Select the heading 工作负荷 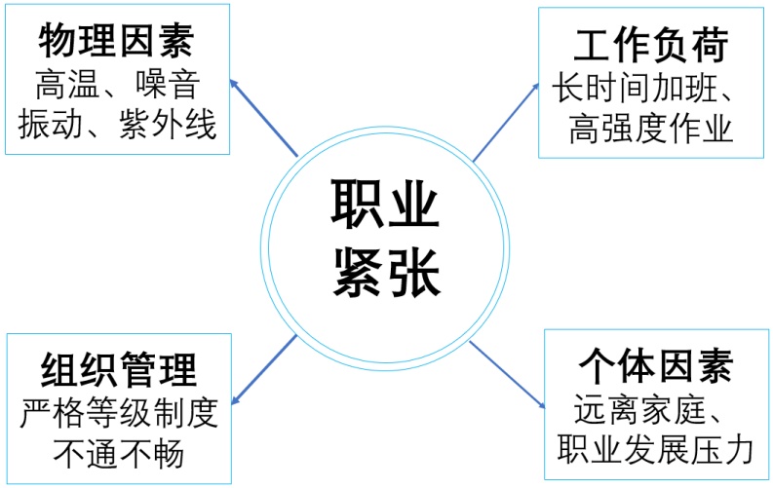tap(652, 45)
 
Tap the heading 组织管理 tap(119, 371)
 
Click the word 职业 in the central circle tap(386, 206)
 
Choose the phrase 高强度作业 tap(651, 129)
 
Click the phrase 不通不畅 tap(119, 453)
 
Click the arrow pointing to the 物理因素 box tap(263, 117)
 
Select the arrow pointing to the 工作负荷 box tap(507, 122)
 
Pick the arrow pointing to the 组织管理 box tap(263, 368)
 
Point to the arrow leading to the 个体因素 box tap(507, 373)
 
